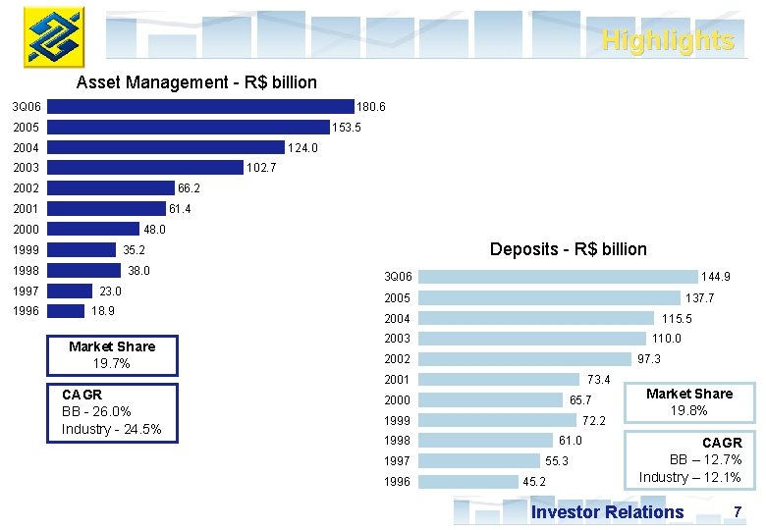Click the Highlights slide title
pyautogui.click(x=667, y=41)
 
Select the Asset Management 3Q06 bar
pyautogui.click(x=200, y=106)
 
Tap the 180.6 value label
pyautogui.click(x=371, y=106)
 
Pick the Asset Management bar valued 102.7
pyautogui.click(x=145, y=168)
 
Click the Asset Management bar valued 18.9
pyautogui.click(x=66, y=311)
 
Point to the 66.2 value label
pyautogui.click(x=190, y=188)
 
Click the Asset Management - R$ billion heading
pyautogui.click(x=196, y=82)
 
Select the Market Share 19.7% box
pyautogui.click(x=112, y=355)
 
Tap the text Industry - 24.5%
pyautogui.click(x=111, y=430)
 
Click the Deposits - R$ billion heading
pyautogui.click(x=568, y=249)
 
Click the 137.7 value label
pyautogui.click(x=699, y=298)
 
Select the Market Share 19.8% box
pyautogui.click(x=688, y=402)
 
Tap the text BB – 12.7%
pyautogui.click(x=705, y=460)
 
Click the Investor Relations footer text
pyautogui.click(x=607, y=512)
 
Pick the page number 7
pyautogui.click(x=738, y=512)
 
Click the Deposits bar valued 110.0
pyautogui.click(x=540, y=339)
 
